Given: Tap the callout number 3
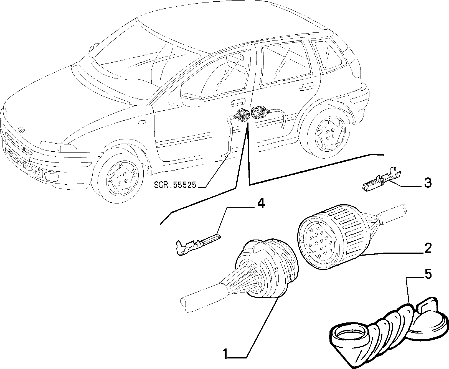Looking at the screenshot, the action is coord(428,183).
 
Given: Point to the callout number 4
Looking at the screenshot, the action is coord(261,204).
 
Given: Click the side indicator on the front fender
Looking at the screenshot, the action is coord(143,122).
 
